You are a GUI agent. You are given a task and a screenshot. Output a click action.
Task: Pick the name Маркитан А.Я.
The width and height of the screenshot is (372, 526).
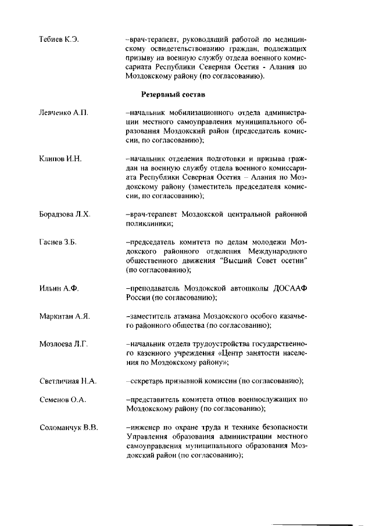tap(65, 316)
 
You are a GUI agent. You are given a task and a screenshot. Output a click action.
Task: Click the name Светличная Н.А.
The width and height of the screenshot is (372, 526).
tap(68, 381)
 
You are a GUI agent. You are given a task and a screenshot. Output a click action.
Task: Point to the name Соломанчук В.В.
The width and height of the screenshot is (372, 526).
tap(69, 428)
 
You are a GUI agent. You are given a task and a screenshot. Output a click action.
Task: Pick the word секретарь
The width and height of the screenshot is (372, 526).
tap(146, 381)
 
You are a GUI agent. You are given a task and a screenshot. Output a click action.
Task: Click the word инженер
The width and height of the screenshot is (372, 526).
tap(144, 428)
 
